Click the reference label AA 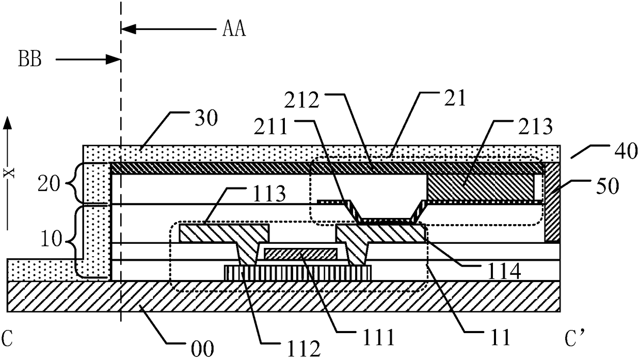pos(234,29)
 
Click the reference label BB pos(30,59)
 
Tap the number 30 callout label pos(206,118)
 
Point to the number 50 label pos(607,186)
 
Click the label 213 pos(536,127)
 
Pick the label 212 pos(301,100)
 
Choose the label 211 pos(270,127)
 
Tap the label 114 pos(504,271)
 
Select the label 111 pos(378,337)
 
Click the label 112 pos(303,349)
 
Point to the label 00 pos(202,349)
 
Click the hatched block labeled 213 pos(480,187)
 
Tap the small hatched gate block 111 pos(300,254)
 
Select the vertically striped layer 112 pos(298,273)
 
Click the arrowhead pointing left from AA pos(129,29)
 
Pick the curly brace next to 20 pos(73,183)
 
